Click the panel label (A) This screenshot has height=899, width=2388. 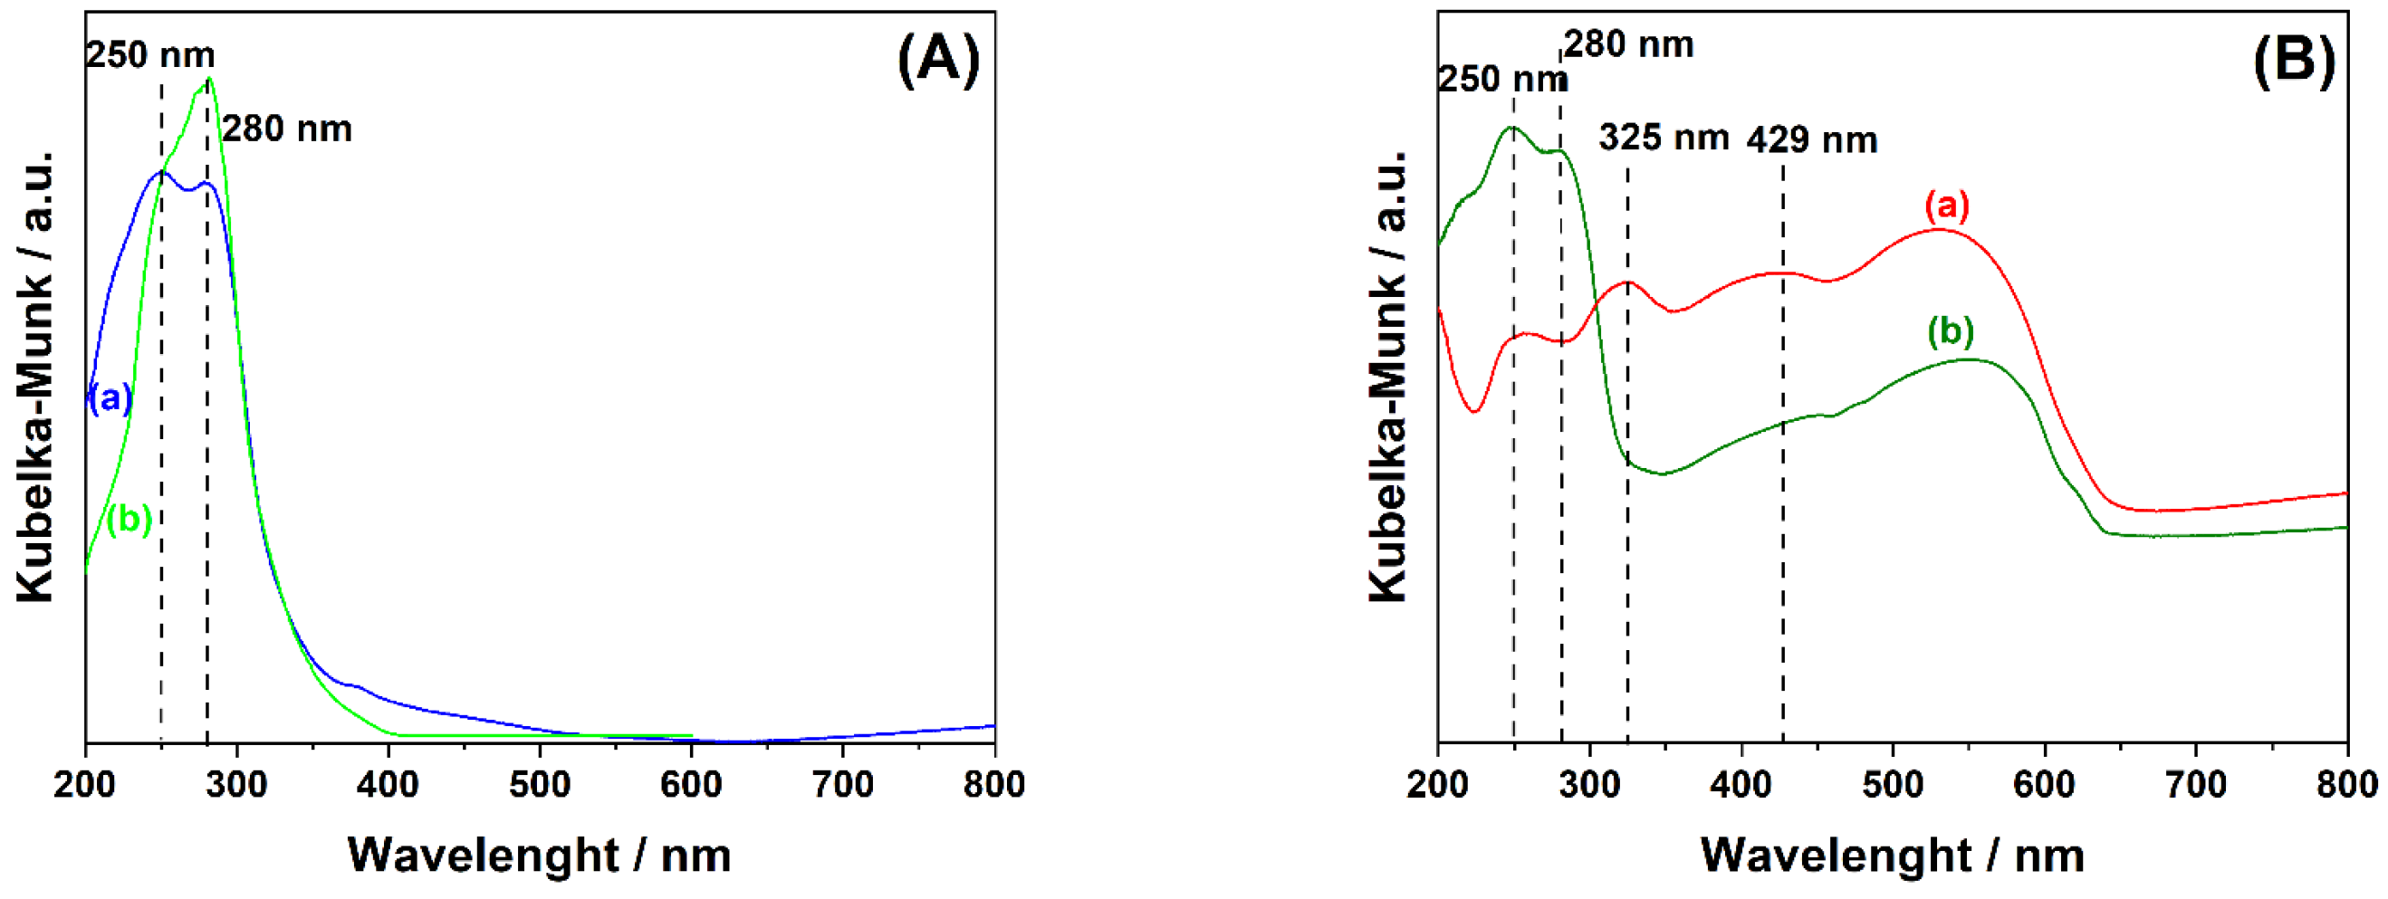(x=938, y=61)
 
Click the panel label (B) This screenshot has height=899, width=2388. (x=2294, y=61)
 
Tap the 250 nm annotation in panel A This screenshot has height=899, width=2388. (x=150, y=55)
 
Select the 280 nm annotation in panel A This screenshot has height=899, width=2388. (x=287, y=129)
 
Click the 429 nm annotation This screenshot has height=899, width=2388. (x=1812, y=140)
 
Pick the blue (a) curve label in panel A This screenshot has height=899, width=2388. (x=111, y=398)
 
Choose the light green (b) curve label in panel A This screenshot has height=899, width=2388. (x=129, y=519)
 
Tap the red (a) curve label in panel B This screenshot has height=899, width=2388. (x=1947, y=205)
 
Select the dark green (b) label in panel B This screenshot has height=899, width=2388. (x=1951, y=330)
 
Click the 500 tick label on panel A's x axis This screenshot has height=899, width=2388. (x=540, y=786)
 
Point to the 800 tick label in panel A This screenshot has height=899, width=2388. (x=993, y=786)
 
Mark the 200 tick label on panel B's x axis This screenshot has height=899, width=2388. (x=1438, y=786)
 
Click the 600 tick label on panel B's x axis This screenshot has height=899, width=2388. (x=2044, y=786)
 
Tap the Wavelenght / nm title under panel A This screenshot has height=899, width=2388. (x=540, y=855)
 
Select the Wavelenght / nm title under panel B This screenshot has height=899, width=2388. (x=1892, y=855)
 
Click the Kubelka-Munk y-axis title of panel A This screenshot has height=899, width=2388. (x=35, y=376)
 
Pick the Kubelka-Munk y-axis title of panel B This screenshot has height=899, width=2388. (x=1387, y=376)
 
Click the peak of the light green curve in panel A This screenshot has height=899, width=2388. (x=209, y=79)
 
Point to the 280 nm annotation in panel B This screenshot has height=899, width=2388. (x=1629, y=44)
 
